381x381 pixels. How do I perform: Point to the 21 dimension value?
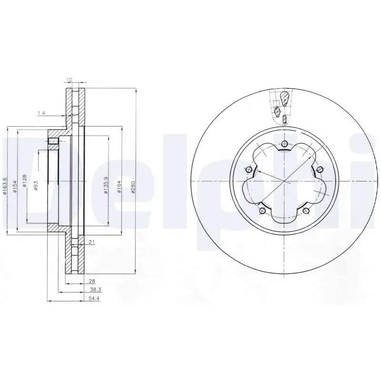pos(91,242)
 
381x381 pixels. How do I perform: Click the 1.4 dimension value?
pos(40,113)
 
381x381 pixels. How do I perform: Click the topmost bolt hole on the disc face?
pos(284,145)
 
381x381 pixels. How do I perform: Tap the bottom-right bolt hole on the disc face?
pos(306,211)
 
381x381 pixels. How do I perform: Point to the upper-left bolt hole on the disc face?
pos(248,170)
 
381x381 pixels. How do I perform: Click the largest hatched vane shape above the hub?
pos(284,98)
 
